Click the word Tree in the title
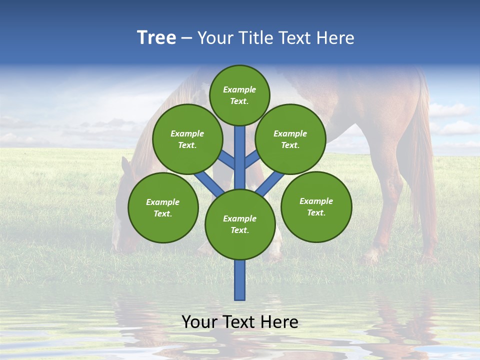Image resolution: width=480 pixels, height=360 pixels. (156, 37)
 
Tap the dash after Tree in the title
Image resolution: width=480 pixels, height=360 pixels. (186, 38)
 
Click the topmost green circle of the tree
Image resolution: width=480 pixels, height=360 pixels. (239, 95)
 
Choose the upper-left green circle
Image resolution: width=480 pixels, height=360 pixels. (187, 139)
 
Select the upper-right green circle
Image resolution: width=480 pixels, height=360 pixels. (290, 139)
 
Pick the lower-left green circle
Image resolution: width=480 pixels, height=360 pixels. (163, 207)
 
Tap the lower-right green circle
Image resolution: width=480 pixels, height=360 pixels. (316, 207)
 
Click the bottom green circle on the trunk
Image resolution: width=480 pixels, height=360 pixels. (240, 224)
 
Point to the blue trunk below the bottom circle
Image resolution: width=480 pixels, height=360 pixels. (240, 280)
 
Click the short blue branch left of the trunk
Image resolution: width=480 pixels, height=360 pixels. (226, 159)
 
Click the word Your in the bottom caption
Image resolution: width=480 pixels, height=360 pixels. (199, 322)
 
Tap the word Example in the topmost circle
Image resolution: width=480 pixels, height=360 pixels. (239, 90)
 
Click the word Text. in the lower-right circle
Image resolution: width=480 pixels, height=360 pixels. (316, 212)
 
